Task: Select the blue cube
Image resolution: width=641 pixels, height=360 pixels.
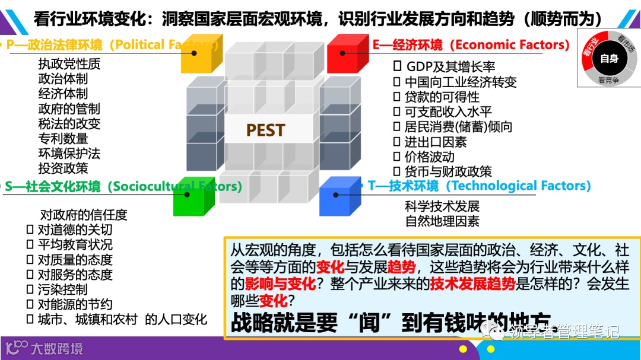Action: [339, 196]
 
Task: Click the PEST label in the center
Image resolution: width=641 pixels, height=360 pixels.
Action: [265, 130]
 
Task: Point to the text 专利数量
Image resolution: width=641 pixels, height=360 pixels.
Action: [63, 138]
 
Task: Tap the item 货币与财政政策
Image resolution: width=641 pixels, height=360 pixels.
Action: [448, 171]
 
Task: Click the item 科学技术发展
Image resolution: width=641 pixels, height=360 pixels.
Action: [442, 206]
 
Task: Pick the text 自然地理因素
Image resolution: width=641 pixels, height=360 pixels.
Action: [442, 221]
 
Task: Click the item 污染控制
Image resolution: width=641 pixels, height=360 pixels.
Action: [62, 289]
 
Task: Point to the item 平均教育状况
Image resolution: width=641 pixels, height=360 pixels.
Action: [75, 244]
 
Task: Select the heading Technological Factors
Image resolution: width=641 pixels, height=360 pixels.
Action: [518, 186]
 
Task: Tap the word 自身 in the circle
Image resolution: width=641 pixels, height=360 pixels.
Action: [609, 59]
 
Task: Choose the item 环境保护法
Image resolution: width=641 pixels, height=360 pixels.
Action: [69, 153]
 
